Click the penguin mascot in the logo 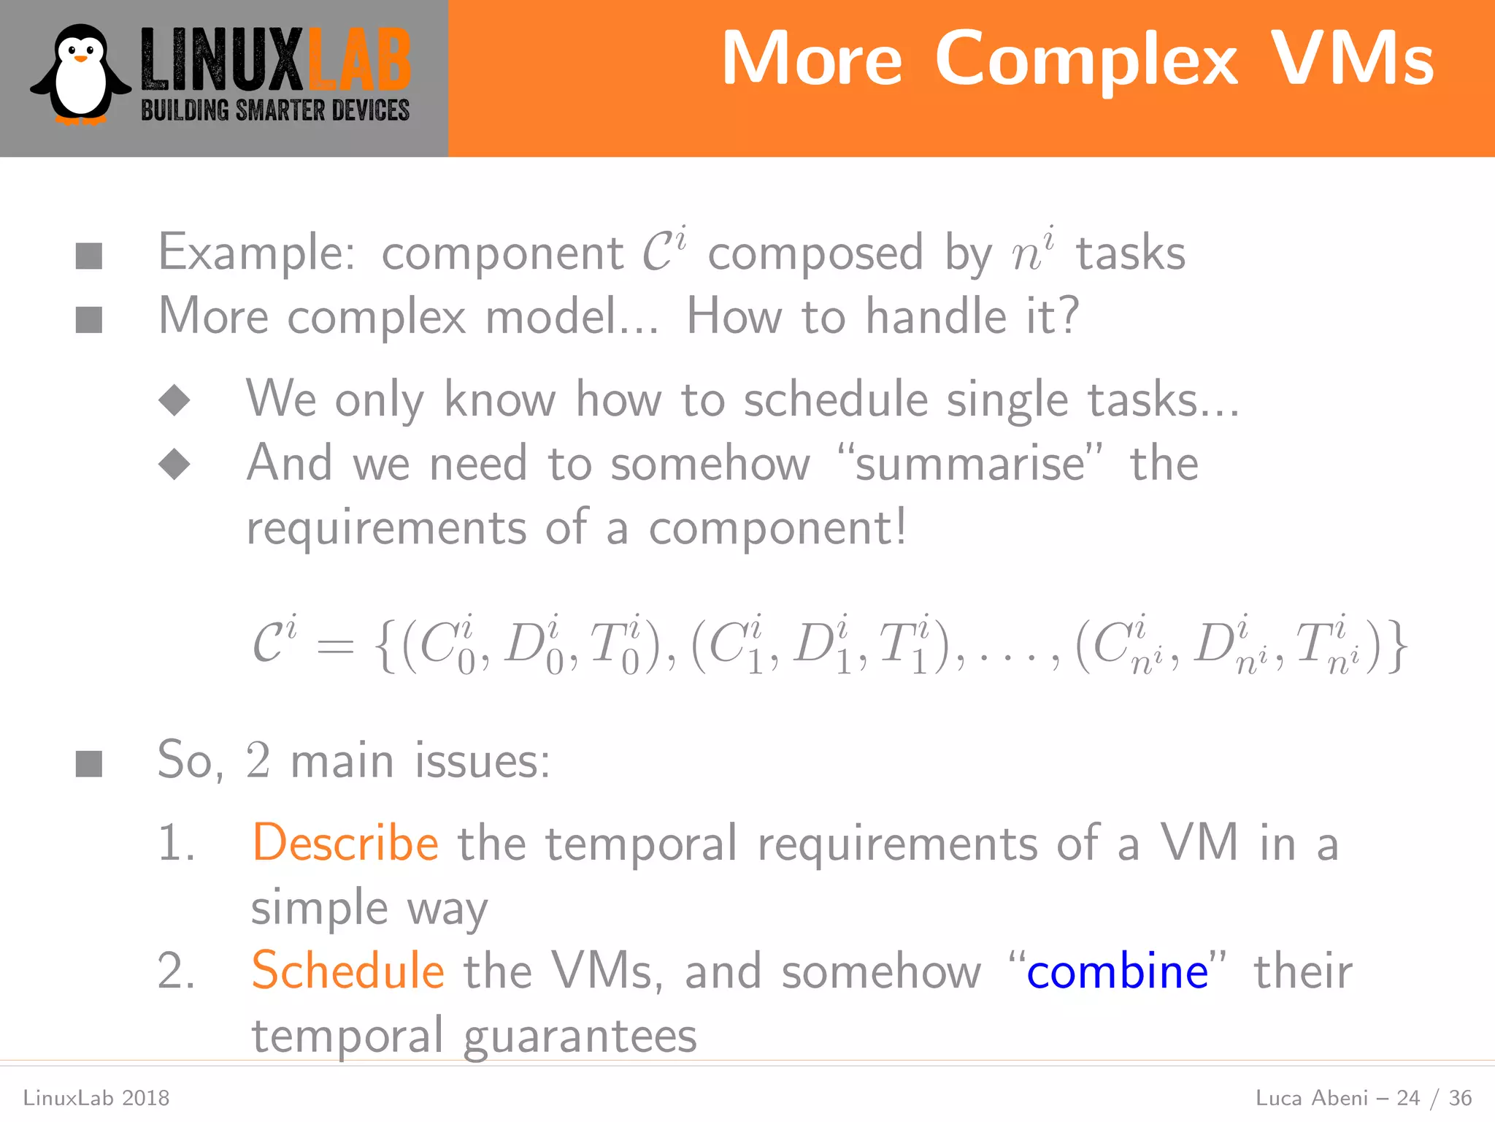(x=80, y=75)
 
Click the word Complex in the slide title (x=1087, y=60)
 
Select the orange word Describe (x=345, y=843)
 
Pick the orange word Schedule (x=347, y=971)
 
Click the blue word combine (x=1117, y=972)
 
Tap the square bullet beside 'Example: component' (x=89, y=256)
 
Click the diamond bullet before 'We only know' (x=174, y=400)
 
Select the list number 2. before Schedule (x=177, y=972)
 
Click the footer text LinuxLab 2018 (x=96, y=1098)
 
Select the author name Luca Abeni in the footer (x=1311, y=1098)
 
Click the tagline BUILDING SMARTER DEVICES (x=275, y=111)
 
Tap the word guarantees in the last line (x=580, y=1036)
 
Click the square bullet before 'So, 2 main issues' (x=89, y=764)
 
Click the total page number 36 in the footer (x=1460, y=1098)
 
